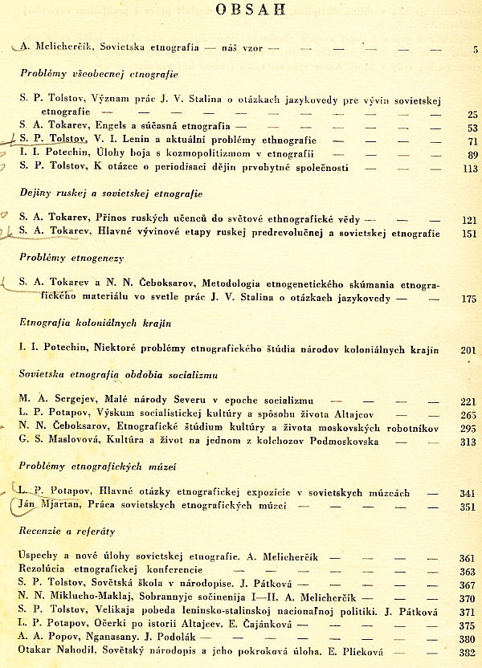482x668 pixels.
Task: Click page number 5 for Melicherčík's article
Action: pos(475,50)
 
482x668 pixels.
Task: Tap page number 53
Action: pos(472,128)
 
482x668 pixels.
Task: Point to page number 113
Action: pos(470,169)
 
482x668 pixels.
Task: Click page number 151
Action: pos(470,234)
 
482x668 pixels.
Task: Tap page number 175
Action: pos(470,299)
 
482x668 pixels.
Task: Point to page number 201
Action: pos(470,350)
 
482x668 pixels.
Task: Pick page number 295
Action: pos(469,429)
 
